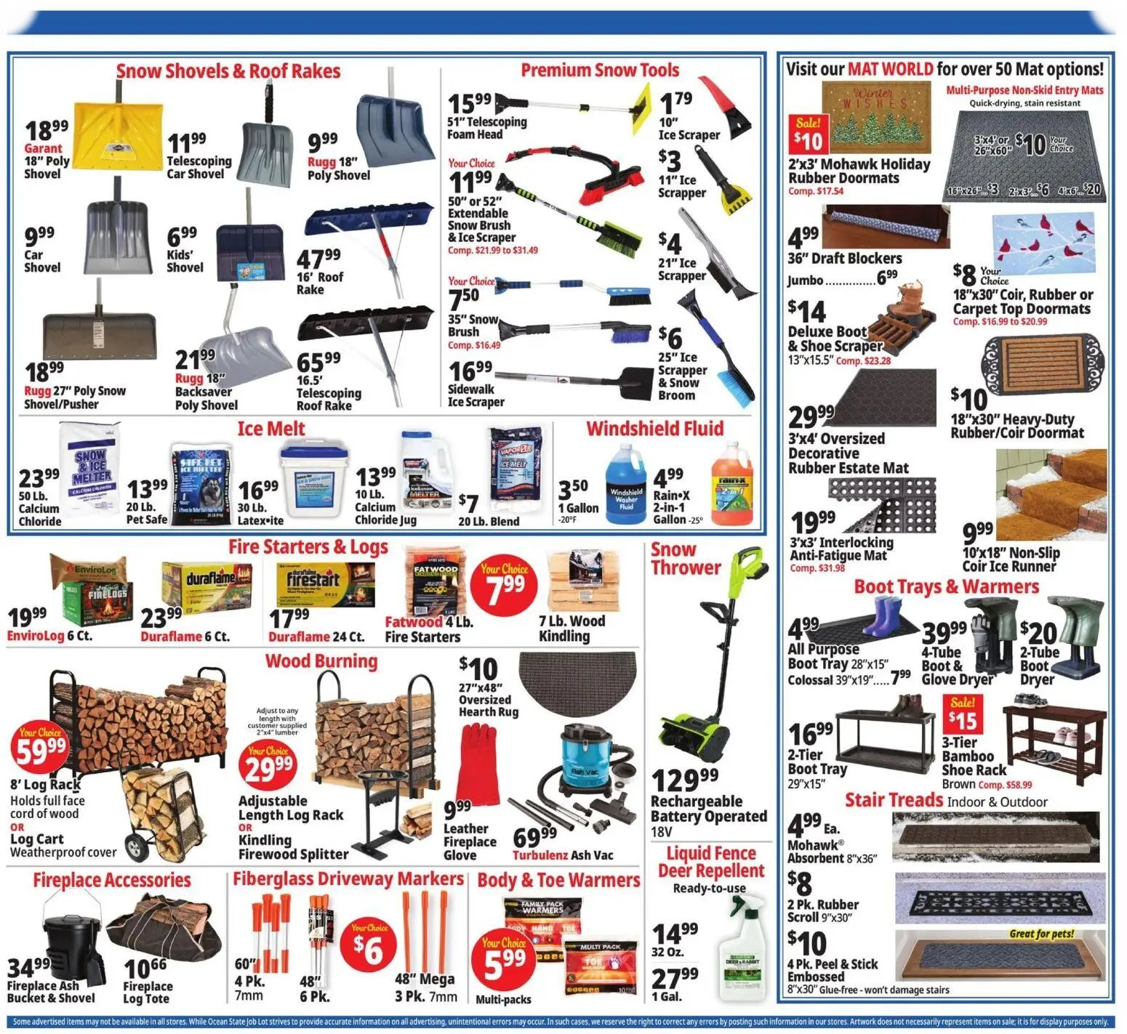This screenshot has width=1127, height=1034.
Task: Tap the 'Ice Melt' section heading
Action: coord(270,429)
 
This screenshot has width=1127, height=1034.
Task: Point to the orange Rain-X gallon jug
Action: coord(731,482)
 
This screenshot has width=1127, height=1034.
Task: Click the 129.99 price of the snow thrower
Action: coord(684,780)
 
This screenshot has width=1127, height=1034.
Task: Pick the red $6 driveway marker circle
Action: coord(369,945)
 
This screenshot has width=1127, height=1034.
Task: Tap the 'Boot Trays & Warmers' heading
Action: coord(946,586)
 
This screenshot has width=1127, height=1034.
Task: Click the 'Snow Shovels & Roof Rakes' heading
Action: coord(228,71)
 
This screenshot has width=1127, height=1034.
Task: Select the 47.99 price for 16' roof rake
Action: coord(318,258)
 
